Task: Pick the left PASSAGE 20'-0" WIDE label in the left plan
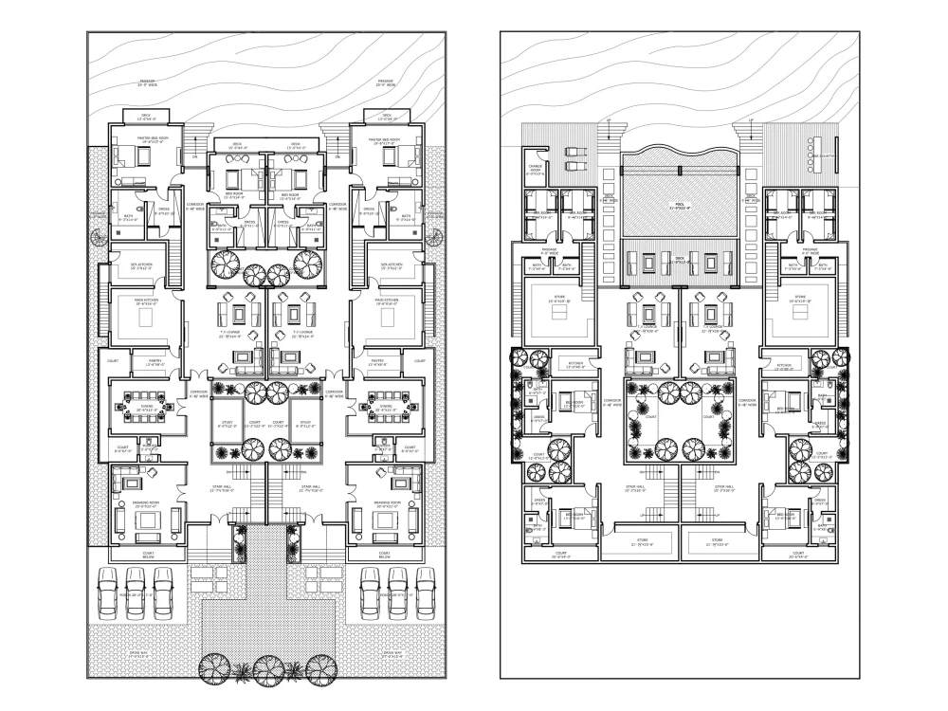pos(147,82)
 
